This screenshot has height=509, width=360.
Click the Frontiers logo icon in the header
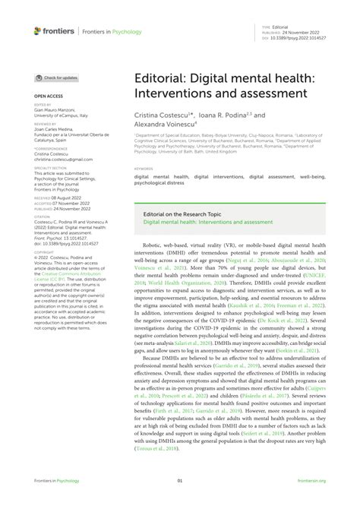click(x=38, y=31)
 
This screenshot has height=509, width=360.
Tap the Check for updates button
click(x=57, y=77)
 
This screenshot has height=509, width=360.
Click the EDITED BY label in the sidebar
click(x=43, y=104)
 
